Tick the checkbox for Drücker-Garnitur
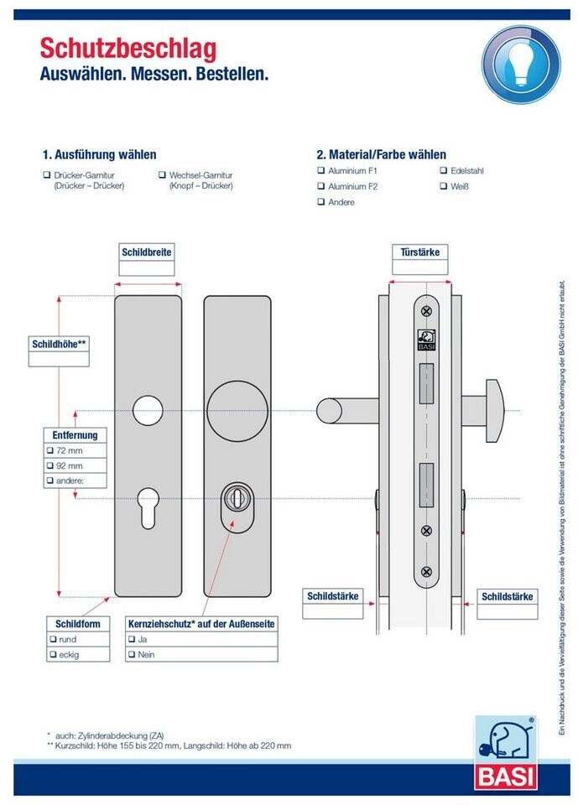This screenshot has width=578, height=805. point(47,175)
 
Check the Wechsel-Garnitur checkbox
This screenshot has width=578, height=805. point(163,175)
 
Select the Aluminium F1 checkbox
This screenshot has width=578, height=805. point(320,170)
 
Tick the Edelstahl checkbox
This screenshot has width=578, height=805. point(443,170)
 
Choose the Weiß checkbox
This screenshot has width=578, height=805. point(443,186)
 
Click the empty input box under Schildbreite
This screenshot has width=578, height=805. point(147,268)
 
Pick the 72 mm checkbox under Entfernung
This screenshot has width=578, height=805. point(50,450)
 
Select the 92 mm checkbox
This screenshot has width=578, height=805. point(50,465)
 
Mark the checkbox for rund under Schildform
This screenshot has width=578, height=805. point(52,639)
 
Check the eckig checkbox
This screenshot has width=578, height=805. point(52,654)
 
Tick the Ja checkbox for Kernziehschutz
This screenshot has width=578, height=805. point(132,639)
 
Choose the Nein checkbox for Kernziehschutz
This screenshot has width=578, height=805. point(132,654)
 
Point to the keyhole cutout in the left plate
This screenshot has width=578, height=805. point(148,506)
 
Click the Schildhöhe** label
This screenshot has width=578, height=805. point(59,344)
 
